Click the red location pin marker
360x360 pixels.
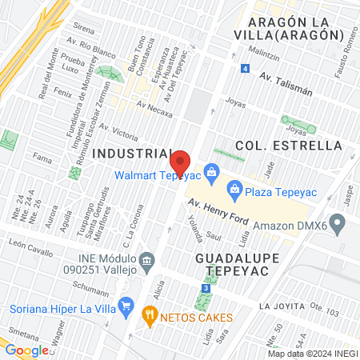(181, 163)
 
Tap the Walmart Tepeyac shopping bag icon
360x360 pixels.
(211, 170)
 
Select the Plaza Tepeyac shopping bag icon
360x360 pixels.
(234, 189)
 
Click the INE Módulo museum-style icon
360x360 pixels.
(146, 261)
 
